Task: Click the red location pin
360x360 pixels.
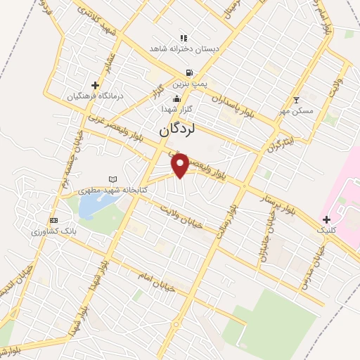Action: [181, 165]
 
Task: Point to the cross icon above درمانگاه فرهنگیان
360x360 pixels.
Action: [95, 84]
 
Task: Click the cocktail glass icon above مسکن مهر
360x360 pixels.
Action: [296, 100]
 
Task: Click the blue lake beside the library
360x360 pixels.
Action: [91, 205]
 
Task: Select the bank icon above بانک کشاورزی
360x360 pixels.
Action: [53, 219]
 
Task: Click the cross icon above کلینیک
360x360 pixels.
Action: [326, 219]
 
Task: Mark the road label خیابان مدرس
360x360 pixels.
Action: [314, 264]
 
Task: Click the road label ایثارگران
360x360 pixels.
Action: [279, 141]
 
